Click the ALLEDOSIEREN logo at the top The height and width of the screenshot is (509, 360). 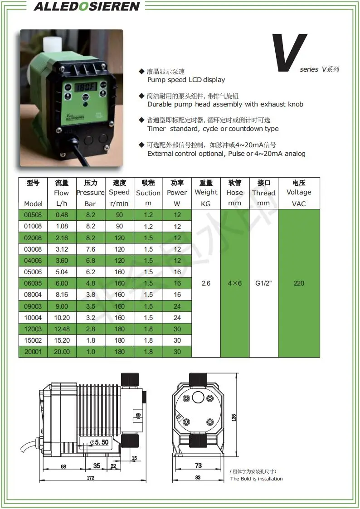87,6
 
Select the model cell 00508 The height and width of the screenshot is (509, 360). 33,215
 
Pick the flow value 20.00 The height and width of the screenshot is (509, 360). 62,352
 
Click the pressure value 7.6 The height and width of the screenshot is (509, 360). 90,249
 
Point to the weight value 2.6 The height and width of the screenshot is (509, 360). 206,283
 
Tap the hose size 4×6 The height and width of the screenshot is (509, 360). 234,283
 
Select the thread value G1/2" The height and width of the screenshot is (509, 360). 263,283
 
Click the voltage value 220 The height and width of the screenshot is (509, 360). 299,283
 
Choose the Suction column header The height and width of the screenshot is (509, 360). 148,193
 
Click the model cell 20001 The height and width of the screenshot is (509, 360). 33,352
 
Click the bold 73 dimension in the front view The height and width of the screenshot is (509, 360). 198,465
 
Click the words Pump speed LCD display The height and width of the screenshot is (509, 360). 186,80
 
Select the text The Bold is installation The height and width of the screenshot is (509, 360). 256,479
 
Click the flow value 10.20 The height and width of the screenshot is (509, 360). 62,318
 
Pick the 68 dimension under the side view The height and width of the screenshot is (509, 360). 63,466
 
